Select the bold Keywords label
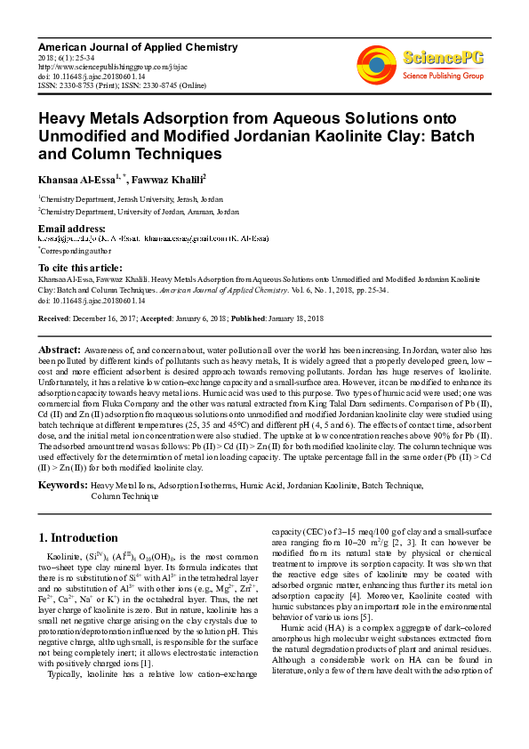coord(61,485)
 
